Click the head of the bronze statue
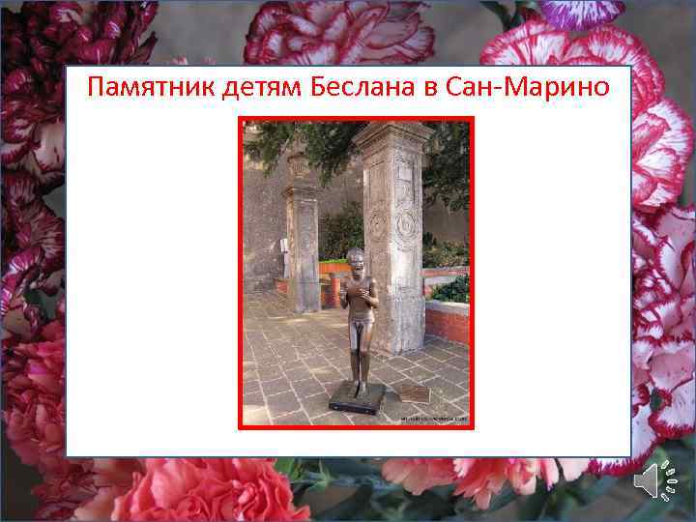(356, 258)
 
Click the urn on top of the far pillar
(299, 166)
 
